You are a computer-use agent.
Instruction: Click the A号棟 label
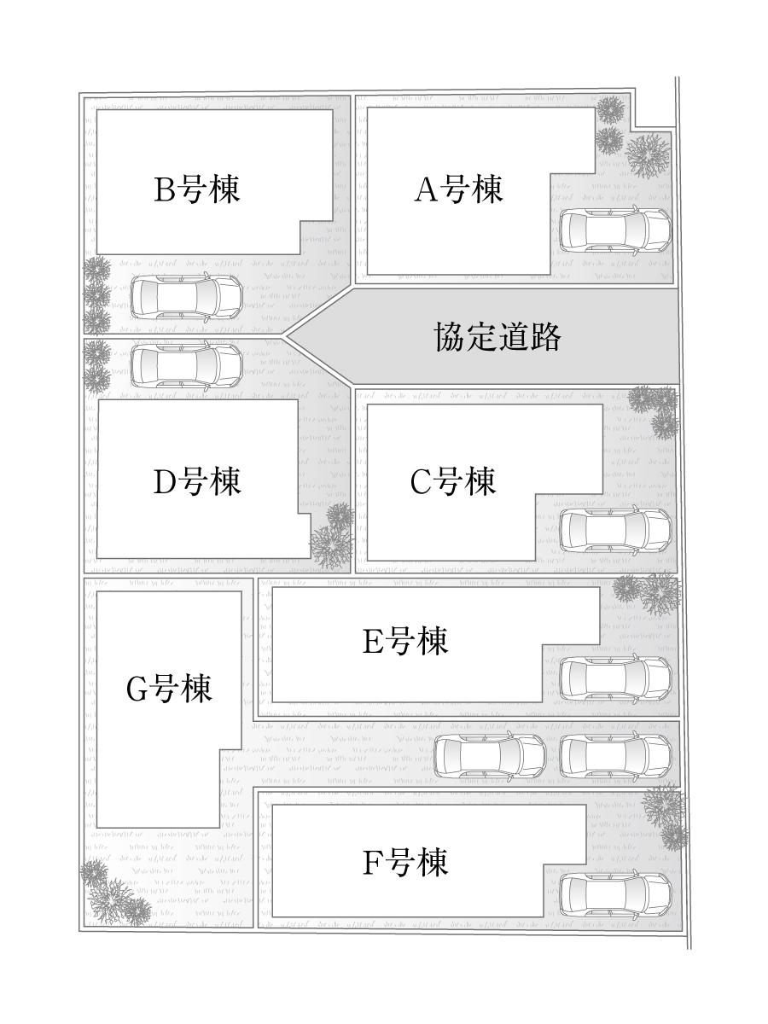[x=458, y=189]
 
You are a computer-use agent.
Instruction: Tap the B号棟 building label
[x=197, y=189]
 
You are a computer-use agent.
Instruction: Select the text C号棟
[x=453, y=482]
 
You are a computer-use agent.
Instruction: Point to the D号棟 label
[x=197, y=482]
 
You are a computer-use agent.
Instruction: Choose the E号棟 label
[x=405, y=641]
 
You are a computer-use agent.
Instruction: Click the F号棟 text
[x=405, y=864]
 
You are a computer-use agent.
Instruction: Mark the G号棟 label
[x=169, y=688]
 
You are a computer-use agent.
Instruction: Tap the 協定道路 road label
[x=498, y=337]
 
